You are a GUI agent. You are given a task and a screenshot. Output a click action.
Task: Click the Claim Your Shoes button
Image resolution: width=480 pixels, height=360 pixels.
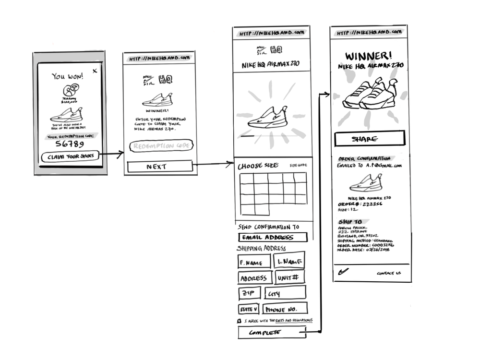(70, 156)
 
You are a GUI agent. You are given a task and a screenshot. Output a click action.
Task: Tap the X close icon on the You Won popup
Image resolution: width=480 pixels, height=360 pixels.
(95, 71)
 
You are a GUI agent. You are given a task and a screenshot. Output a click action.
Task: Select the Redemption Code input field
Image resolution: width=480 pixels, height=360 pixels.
(162, 145)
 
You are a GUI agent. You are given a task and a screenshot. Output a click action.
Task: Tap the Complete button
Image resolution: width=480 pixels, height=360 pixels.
(272, 332)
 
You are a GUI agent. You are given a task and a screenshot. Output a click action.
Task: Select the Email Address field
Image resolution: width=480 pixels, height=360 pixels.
(273, 237)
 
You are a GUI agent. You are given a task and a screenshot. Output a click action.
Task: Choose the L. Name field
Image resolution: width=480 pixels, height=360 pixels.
(289, 261)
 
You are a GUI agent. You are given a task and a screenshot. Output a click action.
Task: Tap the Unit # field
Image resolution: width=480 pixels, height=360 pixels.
(289, 277)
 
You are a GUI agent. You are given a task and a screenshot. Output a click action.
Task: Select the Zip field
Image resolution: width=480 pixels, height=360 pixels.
(250, 293)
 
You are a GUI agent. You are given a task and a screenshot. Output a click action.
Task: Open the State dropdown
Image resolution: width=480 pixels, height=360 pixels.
(249, 309)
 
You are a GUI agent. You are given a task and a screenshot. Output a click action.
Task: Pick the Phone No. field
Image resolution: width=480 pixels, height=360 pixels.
(285, 309)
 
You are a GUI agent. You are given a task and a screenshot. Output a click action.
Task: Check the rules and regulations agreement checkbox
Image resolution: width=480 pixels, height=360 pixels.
(239, 321)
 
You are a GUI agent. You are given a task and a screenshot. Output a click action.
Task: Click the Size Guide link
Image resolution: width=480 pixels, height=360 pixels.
(298, 166)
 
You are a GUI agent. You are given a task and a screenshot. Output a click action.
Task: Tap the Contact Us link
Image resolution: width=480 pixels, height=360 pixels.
(389, 273)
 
